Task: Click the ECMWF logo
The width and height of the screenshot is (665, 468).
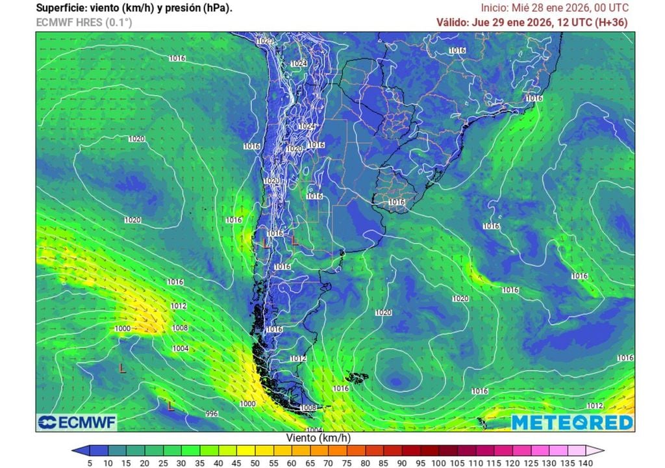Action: coord(77,422)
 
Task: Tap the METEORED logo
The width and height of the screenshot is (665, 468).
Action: coord(571,422)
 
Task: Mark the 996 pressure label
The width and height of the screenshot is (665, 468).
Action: coord(211,413)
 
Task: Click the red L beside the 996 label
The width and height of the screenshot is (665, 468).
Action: coord(171,407)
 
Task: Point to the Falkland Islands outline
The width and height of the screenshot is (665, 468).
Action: coord(357,378)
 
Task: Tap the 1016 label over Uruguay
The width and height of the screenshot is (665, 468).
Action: coord(397,203)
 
